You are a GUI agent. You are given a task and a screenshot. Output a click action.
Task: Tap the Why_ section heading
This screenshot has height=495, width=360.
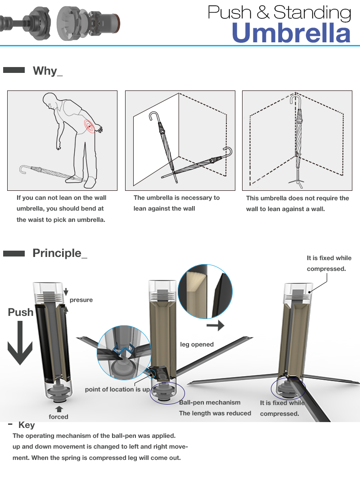point(48,71)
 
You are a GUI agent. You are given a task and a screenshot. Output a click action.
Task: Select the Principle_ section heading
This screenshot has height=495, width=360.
point(60,253)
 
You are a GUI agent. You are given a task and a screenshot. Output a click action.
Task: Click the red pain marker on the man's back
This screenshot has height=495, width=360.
point(90,127)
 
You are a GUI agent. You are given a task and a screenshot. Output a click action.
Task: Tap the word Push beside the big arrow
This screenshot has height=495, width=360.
point(21,312)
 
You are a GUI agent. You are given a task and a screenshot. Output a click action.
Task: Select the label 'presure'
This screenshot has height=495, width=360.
point(81,300)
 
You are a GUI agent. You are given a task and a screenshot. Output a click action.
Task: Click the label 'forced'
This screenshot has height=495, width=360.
point(58,417)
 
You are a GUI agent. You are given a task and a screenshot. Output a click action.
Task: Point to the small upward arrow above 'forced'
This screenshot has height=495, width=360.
point(58,409)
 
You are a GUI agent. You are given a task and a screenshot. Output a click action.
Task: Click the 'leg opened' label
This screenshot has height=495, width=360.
point(197,344)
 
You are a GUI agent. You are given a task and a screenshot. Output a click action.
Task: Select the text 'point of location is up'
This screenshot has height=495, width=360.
point(117,389)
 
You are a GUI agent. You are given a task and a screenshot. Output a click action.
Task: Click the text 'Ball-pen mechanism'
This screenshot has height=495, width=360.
point(210,402)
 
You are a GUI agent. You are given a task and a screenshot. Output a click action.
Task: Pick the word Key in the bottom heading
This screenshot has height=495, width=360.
point(27,425)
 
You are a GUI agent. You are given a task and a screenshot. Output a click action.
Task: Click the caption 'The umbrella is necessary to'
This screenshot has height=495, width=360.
point(176,198)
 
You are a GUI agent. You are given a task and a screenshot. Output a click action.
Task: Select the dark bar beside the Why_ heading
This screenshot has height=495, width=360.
point(13,70)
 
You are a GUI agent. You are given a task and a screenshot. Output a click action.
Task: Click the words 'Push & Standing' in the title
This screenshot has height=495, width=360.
point(279,12)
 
